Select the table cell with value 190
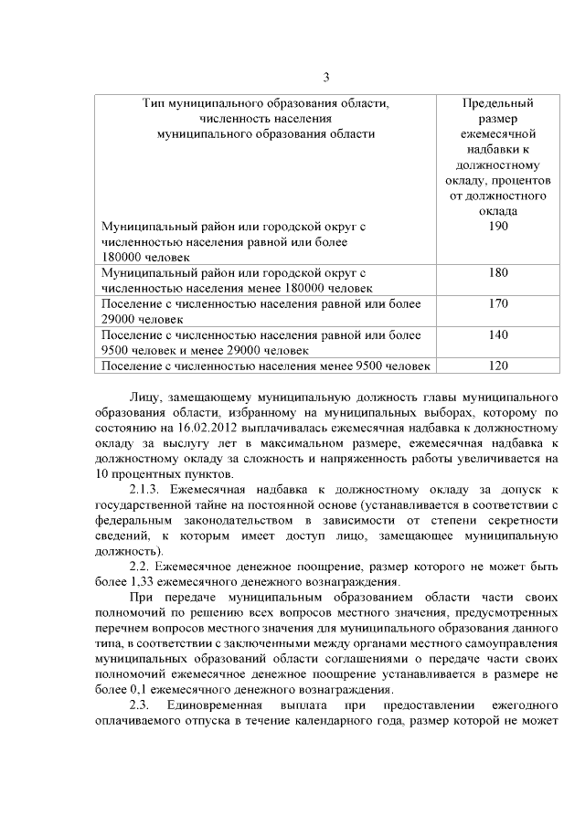pos(498,226)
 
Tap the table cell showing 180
pos(498,272)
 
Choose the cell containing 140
pos(498,334)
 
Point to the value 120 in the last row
pos(498,366)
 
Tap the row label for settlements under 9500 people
pos(264,366)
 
